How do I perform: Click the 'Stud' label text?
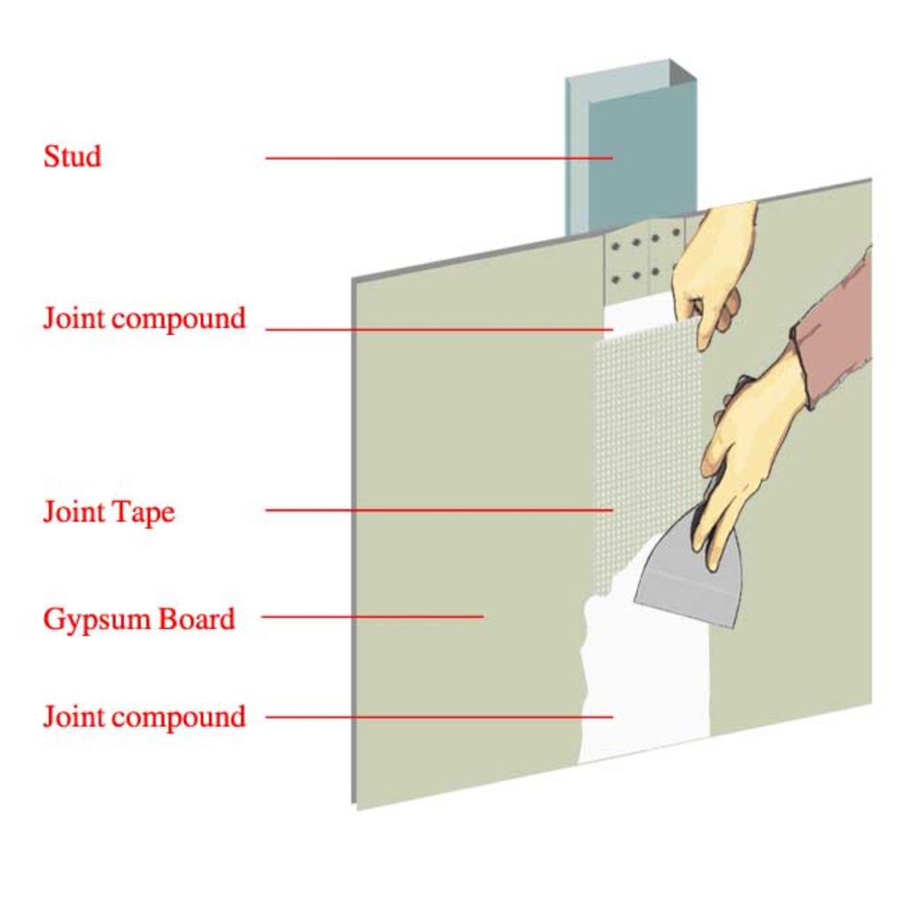pyautogui.click(x=73, y=157)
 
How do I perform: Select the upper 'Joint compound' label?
pyautogui.click(x=144, y=318)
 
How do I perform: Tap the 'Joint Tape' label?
pyautogui.click(x=109, y=511)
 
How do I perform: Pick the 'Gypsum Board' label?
pyautogui.click(x=139, y=618)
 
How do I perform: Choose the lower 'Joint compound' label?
pyautogui.click(x=144, y=716)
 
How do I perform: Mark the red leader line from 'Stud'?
pyautogui.click(x=438, y=159)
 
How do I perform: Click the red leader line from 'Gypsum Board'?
pyautogui.click(x=372, y=616)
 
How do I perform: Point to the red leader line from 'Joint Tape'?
pyautogui.click(x=438, y=510)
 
